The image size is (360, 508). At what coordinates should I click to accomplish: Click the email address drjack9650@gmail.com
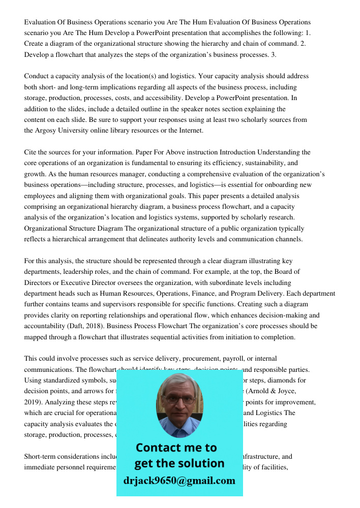179,481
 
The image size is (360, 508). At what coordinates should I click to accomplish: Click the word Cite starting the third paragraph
31,152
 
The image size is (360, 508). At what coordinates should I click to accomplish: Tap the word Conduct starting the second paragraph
37,76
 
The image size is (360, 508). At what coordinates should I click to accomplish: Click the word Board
273,272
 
